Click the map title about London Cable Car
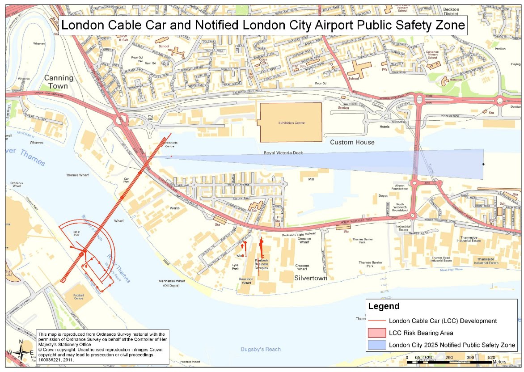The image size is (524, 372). pos(263,25)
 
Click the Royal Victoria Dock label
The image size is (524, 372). pos(283,153)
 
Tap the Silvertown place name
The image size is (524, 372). pos(311,278)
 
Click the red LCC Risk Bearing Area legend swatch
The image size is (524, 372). pos(376,333)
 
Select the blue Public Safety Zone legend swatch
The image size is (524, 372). pos(376,345)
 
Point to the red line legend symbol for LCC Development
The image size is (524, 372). pos(376,321)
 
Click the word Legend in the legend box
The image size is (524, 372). pos(383,307)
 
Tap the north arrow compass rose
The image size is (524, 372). pos(21,353)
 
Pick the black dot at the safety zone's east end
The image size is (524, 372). pos(483,165)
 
